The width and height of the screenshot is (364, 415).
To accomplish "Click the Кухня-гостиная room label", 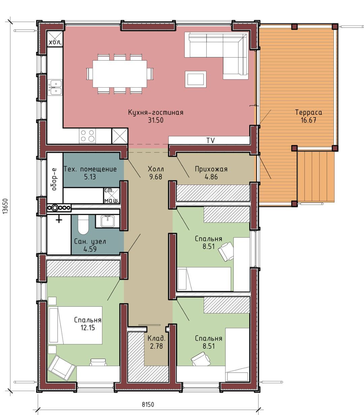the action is pyautogui.click(x=156, y=113).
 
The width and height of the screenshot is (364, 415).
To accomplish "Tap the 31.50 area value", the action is pyautogui.click(x=156, y=120).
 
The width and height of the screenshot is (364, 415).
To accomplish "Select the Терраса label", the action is pyautogui.click(x=308, y=113).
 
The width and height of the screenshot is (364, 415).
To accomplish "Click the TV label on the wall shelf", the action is pyautogui.click(x=211, y=140).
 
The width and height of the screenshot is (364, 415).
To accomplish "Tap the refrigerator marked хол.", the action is pyautogui.click(x=55, y=39).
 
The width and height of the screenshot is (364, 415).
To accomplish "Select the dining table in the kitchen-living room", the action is pyautogui.click(x=120, y=74).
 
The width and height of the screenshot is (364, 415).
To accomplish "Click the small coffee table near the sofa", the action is pyautogui.click(x=195, y=79).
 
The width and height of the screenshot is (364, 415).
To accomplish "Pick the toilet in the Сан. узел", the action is pyautogui.click(x=83, y=224).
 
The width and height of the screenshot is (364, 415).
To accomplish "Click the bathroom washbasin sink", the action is pyautogui.click(x=107, y=221).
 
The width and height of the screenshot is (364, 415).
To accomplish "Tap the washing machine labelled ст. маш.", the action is pyautogui.click(x=112, y=196).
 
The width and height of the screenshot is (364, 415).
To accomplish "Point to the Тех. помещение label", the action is pyautogui.click(x=90, y=169).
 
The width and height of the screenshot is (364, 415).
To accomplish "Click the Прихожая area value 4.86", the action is pyautogui.click(x=211, y=177).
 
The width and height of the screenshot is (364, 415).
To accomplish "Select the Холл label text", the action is pyautogui.click(x=156, y=169).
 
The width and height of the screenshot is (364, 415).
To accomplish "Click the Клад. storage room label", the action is pyautogui.click(x=156, y=338).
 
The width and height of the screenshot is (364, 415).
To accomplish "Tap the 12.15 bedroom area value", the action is pyautogui.click(x=88, y=328).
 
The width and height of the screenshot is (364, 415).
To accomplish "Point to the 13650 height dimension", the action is pyautogui.click(x=5, y=206).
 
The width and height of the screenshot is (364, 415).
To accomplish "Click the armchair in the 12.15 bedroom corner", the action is pyautogui.click(x=61, y=368).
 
